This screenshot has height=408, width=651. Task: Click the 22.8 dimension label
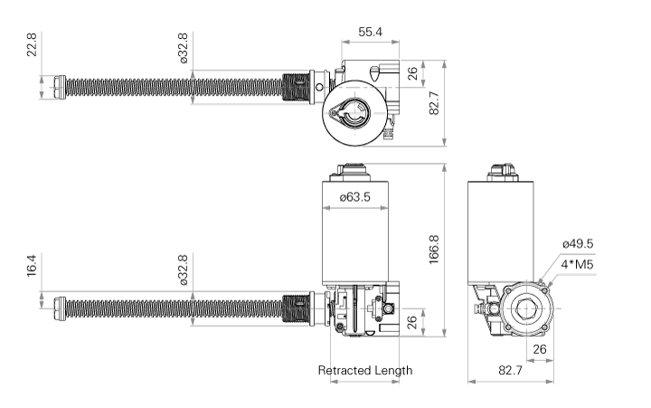click(x=32, y=44)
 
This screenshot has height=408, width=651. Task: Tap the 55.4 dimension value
click(x=370, y=32)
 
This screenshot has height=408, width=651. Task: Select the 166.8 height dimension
click(x=433, y=250)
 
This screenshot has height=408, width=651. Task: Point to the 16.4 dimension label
click(x=32, y=265)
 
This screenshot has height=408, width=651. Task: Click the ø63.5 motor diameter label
click(x=355, y=196)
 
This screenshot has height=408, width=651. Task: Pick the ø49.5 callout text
click(x=578, y=244)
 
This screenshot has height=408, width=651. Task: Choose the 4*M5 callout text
click(x=577, y=264)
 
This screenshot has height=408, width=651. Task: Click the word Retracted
click(x=344, y=370)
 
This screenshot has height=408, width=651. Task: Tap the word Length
click(x=393, y=370)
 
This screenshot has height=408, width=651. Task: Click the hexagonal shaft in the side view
click(x=527, y=309)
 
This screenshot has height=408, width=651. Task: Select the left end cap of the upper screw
click(x=61, y=87)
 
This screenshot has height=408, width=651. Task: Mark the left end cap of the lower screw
click(x=61, y=308)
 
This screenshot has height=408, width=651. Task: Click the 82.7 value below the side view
click(x=510, y=370)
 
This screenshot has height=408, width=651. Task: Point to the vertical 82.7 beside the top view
click(x=433, y=103)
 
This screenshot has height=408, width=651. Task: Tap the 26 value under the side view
click(x=539, y=349)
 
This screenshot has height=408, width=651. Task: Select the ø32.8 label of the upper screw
click(x=183, y=48)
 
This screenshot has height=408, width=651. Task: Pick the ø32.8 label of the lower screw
click(x=183, y=270)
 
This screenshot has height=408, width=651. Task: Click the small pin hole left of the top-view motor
click(x=319, y=87)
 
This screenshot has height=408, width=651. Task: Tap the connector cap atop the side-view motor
click(x=503, y=173)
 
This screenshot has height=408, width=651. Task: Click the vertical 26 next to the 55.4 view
click(x=412, y=74)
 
